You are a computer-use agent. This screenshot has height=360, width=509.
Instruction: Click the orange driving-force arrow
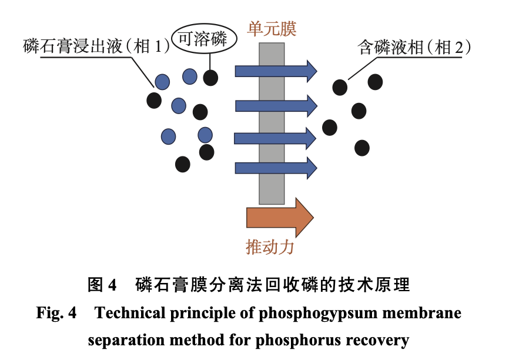280,218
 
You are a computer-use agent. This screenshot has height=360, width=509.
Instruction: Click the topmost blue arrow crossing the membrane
276,71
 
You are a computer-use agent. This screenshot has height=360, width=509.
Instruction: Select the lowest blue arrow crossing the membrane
276,168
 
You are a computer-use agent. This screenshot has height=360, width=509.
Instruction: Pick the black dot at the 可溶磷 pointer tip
211,77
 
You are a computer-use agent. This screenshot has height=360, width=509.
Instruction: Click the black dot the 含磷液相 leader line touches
340,87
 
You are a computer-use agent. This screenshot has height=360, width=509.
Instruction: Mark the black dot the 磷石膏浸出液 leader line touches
154,100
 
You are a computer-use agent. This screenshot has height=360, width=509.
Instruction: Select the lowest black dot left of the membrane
183,164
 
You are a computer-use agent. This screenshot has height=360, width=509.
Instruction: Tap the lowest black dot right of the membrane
362,148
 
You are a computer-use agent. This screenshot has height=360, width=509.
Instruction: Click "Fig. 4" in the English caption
56,313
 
